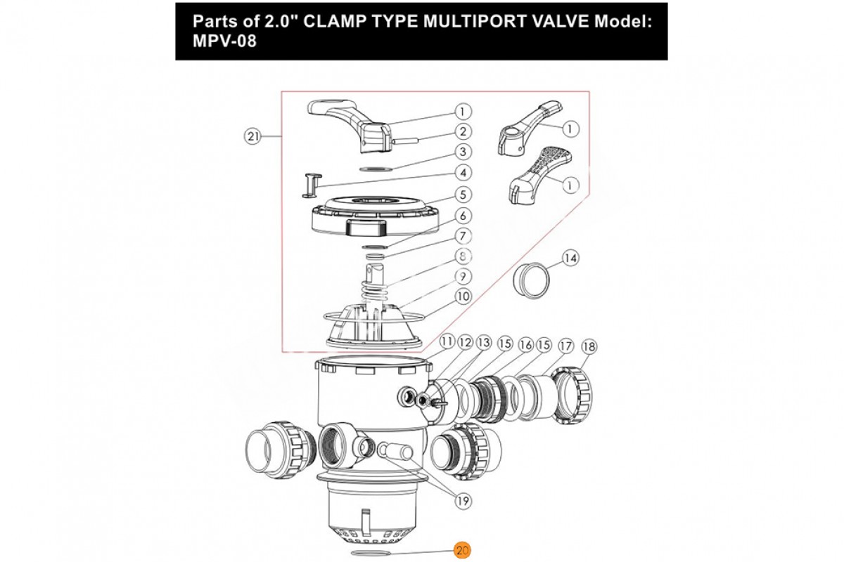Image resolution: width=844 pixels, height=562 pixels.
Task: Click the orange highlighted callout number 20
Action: pos(461,551)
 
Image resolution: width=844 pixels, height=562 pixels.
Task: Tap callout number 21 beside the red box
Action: pos(252,136)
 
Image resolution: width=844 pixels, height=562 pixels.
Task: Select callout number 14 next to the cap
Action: pos(570,259)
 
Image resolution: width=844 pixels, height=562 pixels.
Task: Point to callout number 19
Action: pos(462,501)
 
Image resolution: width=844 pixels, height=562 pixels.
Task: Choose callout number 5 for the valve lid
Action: pos(462,195)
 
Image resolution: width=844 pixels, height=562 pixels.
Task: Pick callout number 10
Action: pos(462,296)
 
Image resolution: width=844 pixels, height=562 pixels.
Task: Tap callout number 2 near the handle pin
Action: pos(462,131)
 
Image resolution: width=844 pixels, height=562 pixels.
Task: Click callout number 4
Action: pos(462,172)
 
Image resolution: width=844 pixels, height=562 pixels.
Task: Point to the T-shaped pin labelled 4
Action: pos(310,184)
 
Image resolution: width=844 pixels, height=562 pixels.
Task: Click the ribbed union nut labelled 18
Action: pos(574,396)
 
